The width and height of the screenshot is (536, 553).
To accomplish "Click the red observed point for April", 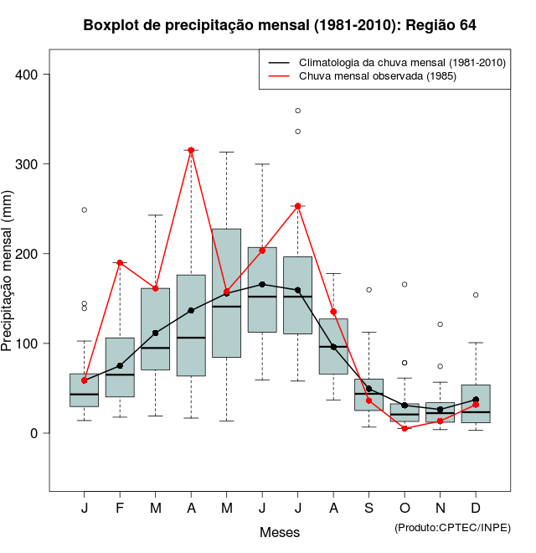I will (x=191, y=150).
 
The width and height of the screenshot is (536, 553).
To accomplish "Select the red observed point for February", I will (x=120, y=263).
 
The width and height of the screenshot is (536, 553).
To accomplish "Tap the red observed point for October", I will (x=405, y=428).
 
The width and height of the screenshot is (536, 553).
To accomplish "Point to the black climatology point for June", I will (x=262, y=284).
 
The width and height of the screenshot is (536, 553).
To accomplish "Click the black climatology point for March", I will (x=156, y=333).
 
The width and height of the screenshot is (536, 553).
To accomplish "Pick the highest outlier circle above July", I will (x=298, y=111).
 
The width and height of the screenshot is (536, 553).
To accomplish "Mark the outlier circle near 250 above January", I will (x=85, y=209).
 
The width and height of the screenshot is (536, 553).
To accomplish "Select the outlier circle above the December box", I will (x=476, y=295).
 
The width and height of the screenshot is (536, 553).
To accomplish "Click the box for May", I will (x=226, y=292).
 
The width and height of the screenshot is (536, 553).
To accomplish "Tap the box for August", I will (x=333, y=346).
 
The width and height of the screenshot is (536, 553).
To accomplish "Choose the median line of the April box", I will (x=191, y=338).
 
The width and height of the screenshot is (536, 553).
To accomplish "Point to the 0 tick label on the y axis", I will (x=35, y=433).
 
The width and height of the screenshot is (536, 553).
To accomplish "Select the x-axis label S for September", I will (x=369, y=509).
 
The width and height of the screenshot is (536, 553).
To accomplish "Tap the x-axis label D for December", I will (x=476, y=509).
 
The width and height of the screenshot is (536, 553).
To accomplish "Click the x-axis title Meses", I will (x=280, y=532).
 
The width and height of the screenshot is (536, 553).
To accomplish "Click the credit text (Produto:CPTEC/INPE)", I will (x=452, y=527).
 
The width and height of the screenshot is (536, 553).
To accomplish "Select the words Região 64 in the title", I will (x=441, y=25).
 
